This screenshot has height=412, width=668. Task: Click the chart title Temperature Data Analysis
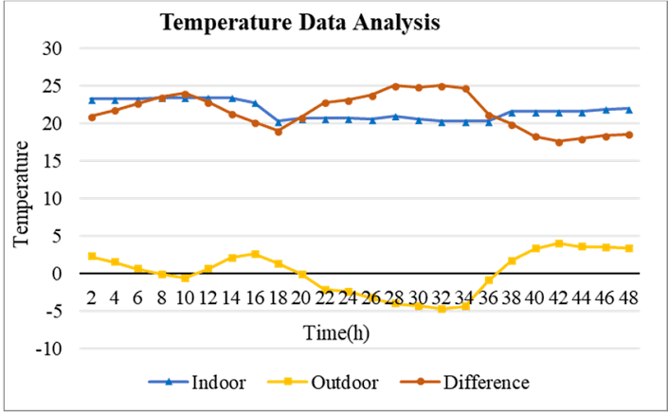[298, 23]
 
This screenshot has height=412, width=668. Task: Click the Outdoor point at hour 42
[559, 243]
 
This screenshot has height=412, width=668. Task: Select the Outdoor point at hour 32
[442, 309]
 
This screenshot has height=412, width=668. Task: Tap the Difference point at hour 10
[185, 94]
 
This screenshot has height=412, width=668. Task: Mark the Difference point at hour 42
[559, 142]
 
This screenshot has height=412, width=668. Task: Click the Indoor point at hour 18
[279, 121]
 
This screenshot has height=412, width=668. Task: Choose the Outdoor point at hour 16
[255, 254]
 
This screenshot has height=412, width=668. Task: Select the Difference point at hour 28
[395, 86]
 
